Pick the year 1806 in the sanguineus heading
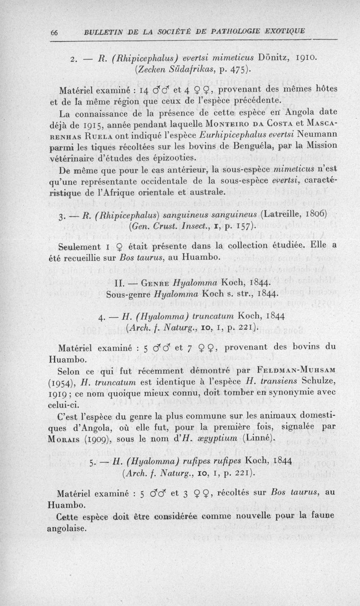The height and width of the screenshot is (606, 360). click(x=313, y=213)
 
